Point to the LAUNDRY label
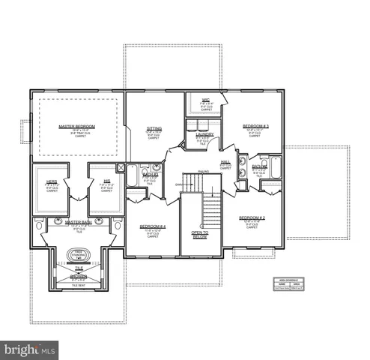(x=205, y=134)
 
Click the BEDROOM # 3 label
(x=255, y=126)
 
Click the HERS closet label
(x=52, y=183)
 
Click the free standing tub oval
(x=78, y=256)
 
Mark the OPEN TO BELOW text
(x=200, y=235)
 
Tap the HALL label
(x=225, y=162)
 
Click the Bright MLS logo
(x=30, y=349)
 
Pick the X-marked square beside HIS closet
(x=121, y=168)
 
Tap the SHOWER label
(x=78, y=277)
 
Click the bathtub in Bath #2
(x=132, y=178)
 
